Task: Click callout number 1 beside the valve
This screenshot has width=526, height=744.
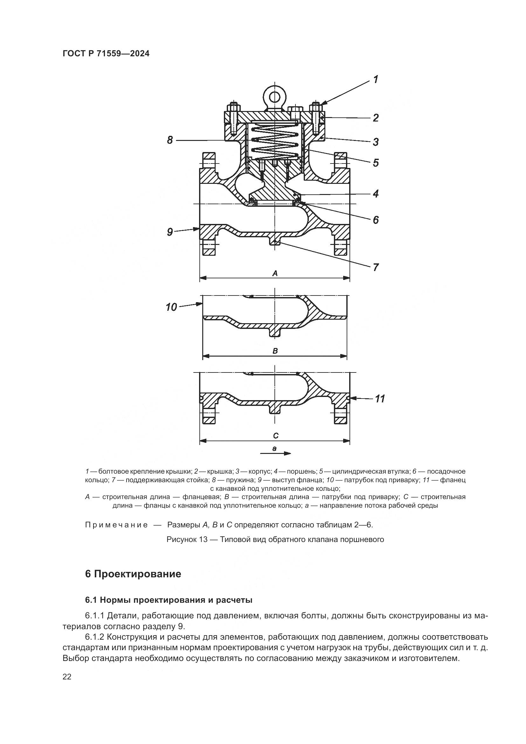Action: tap(375, 80)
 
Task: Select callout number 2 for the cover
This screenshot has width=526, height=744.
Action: tap(375, 118)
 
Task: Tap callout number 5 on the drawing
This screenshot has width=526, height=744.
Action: tap(375, 162)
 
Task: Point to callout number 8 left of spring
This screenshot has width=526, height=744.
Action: tap(170, 140)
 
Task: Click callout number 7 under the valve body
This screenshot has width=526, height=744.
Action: tap(375, 267)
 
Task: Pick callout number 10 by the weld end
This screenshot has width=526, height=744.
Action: tap(171, 307)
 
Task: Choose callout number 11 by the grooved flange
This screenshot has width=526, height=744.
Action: tap(380, 398)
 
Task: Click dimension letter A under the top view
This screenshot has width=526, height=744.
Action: tap(275, 274)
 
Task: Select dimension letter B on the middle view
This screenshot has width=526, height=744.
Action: tap(275, 351)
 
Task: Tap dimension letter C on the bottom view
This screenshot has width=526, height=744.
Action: tap(276, 436)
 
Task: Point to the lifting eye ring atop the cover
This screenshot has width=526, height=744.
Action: tap(275, 96)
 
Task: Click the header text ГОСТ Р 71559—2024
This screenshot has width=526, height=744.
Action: tap(106, 54)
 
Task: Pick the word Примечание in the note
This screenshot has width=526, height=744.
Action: tap(116, 525)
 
